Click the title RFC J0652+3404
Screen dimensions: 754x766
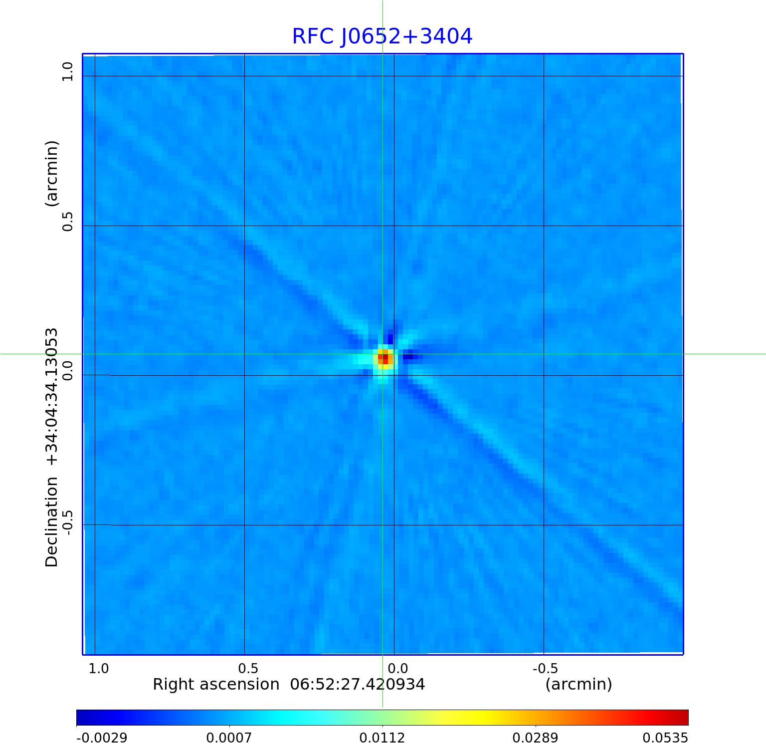coord(382,36)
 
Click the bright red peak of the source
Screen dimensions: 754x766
coord(384,358)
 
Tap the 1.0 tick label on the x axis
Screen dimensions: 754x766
coord(98,669)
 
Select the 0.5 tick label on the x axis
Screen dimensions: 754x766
coord(248,669)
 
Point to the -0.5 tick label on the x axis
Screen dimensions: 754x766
coord(545,669)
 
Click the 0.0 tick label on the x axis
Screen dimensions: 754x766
coord(397,669)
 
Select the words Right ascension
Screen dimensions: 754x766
coord(216,684)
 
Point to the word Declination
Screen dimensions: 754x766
coord(52,522)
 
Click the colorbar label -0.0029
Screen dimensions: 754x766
coord(102,738)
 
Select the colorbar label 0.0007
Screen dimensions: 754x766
coord(229,738)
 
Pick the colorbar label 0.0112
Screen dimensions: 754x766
coord(383,738)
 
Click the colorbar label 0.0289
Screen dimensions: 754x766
coord(536,738)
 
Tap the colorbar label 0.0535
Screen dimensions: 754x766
coord(665,738)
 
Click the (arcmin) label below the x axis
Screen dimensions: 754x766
coord(578,684)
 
